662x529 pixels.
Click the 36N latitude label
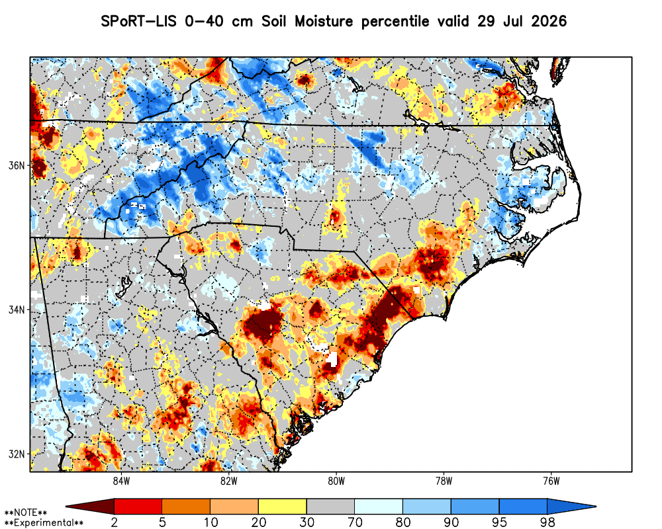(17, 165)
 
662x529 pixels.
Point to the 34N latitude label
(17, 310)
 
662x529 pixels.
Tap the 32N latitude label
(17, 454)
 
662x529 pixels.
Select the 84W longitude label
(121, 481)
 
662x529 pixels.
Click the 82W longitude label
(229, 481)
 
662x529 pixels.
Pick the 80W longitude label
(336, 481)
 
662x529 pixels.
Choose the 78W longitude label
(444, 481)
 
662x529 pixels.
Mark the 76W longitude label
(551, 481)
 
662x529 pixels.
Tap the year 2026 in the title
(549, 21)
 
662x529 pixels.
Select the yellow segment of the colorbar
(282, 507)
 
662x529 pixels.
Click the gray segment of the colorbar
(330, 507)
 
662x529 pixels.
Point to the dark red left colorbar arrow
(90, 507)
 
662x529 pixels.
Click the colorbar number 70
(355, 522)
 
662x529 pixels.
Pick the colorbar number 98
(547, 522)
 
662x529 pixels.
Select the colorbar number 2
(114, 522)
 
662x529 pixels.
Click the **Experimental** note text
(44, 523)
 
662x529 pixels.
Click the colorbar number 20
(258, 522)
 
